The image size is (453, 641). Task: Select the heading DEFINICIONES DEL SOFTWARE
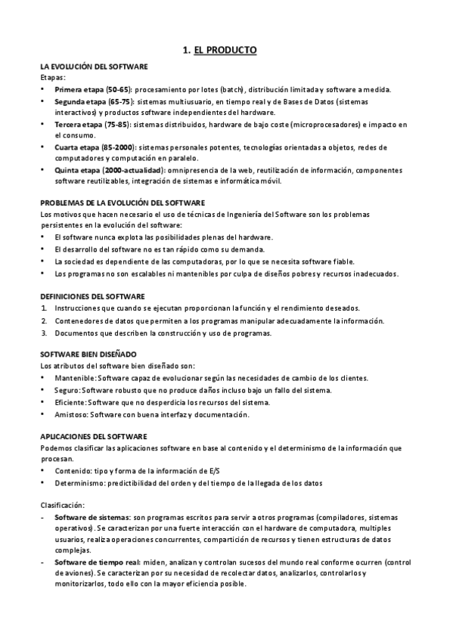pyautogui.click(x=92, y=296)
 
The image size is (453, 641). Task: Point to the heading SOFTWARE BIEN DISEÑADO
pyautogui.click(x=88, y=354)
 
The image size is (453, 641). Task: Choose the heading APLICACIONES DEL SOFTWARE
pyautogui.click(x=92, y=436)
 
